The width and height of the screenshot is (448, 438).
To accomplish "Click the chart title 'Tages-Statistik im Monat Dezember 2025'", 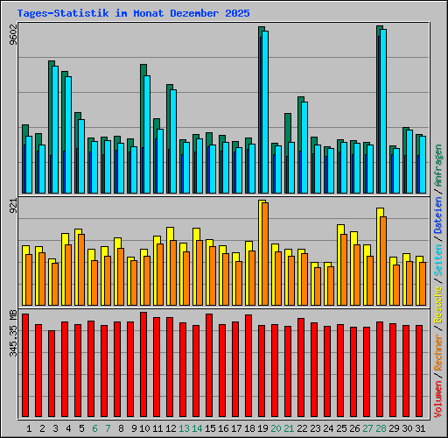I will tap(133, 14).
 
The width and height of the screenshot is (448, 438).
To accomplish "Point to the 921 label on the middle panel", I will tap(13, 207).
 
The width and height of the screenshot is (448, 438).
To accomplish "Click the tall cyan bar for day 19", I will tap(264, 112).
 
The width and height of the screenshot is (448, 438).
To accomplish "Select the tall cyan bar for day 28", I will tap(382, 111).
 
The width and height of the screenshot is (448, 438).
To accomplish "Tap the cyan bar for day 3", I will tap(55, 130).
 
